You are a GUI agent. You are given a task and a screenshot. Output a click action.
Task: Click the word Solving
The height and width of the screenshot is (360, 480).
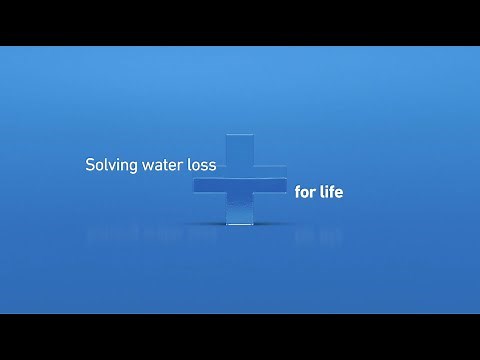(109, 162)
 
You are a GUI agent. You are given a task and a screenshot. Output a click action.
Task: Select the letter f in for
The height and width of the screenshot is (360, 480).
(297, 191)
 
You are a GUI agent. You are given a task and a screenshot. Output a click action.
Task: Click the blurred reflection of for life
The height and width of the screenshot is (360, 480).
(318, 238)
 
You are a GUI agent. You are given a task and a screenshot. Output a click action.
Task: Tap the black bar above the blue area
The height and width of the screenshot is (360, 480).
(240, 22)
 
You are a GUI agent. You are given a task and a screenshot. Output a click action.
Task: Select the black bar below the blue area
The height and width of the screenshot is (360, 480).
(240, 337)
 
